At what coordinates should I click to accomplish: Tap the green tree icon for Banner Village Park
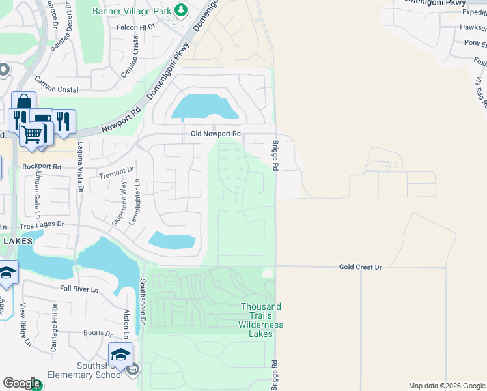coord(182,10)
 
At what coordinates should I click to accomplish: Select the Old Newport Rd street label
coord(216,134)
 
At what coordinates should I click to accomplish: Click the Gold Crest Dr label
coord(360,267)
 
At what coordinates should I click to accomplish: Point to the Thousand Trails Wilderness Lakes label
coord(260,320)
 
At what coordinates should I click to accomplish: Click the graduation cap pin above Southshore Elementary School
coord(120,355)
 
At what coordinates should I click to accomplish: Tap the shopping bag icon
coord(23,104)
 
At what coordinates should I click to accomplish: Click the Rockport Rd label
coord(41,167)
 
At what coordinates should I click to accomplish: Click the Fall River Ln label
coord(78,289)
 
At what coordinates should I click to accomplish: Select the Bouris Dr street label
coord(100,333)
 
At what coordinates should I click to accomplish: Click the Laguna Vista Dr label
coord(81,168)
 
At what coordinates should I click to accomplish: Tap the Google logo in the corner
coord(21,384)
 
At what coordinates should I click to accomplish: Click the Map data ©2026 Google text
coord(446,386)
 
